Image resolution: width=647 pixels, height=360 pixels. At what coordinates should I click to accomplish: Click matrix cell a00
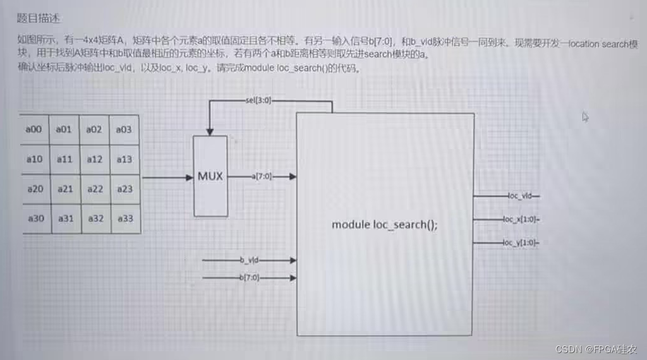34,129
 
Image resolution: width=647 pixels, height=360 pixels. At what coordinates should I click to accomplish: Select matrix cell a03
124,129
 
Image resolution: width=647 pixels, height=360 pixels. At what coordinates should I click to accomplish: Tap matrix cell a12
95,159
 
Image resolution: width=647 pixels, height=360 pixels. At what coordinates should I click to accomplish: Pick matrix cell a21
65,189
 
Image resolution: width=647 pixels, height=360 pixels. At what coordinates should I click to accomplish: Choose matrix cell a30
35,219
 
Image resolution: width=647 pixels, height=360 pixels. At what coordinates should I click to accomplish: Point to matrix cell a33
124,219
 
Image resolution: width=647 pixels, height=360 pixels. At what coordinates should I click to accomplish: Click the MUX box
210,176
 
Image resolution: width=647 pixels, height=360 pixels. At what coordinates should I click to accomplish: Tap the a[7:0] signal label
262,177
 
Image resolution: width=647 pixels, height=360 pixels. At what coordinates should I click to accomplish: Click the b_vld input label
250,260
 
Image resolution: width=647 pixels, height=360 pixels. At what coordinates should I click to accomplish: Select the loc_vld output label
521,196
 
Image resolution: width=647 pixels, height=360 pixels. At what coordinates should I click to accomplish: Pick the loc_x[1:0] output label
521,219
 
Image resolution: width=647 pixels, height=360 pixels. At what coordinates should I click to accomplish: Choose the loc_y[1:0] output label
521,243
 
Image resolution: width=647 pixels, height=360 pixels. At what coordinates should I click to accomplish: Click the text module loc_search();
385,224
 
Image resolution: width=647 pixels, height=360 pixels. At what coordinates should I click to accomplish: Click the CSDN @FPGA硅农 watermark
596,349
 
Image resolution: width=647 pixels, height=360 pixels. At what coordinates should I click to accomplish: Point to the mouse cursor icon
585,116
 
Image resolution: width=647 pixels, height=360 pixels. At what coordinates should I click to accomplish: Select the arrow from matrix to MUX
167,177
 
